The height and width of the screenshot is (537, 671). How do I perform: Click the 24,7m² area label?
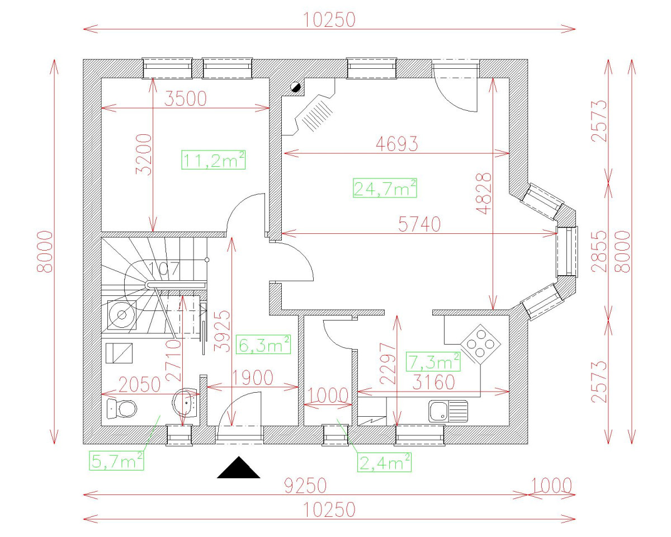pos(385,188)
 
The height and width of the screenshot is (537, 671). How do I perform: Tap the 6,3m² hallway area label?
pos(263,345)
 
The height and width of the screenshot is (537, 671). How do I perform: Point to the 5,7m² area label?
pos(117,461)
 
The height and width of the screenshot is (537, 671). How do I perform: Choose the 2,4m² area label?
pos(385,462)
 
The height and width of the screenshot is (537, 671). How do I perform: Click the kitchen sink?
pos(448,411)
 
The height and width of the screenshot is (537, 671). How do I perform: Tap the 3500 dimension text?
pos(186,99)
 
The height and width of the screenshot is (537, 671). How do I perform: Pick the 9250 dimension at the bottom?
pos(306,485)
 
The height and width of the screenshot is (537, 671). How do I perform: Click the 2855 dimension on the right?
pos(600,251)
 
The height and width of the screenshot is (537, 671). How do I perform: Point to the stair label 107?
pos(164,269)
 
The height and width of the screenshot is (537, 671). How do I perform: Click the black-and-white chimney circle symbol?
pos(296,87)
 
